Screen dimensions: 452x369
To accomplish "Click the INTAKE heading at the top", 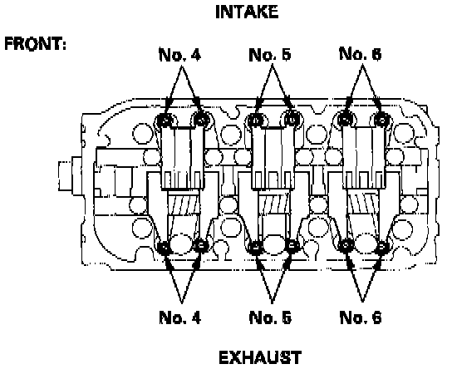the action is tap(247, 12).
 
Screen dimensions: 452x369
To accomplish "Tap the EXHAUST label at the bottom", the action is tap(260, 357).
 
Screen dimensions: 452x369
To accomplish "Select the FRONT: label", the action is tap(36, 44).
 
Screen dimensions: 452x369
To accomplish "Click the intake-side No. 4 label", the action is tap(179, 55).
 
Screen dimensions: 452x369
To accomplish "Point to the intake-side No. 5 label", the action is tap(270, 55).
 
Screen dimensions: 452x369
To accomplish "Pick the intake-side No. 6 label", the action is tap(361, 54).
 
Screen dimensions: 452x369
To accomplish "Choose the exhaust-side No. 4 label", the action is tap(179, 317).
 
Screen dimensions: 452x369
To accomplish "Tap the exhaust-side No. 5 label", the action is tap(270, 317).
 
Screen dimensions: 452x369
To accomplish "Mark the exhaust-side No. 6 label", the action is tap(361, 317).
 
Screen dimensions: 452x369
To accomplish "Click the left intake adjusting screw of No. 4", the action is tap(165, 121).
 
